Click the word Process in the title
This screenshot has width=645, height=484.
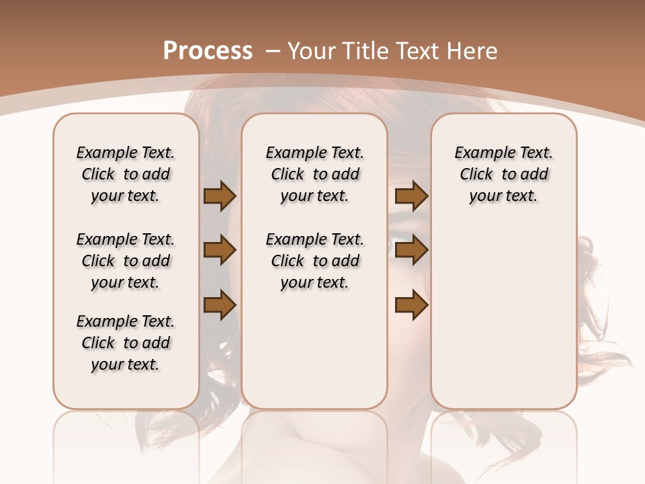tap(208, 51)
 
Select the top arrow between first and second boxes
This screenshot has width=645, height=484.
tap(220, 196)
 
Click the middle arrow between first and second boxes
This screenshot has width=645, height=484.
tap(220, 251)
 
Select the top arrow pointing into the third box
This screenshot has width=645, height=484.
tap(411, 196)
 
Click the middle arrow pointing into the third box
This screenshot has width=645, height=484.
tap(411, 251)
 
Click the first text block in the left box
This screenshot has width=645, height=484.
tap(126, 174)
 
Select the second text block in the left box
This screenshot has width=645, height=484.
tap(126, 261)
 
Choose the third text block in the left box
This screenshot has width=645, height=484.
tap(126, 343)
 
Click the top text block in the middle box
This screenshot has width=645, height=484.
tap(314, 174)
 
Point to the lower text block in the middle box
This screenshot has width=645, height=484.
tap(314, 261)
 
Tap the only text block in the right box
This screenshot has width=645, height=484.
tap(503, 174)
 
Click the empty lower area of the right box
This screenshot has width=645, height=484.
tap(503, 316)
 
